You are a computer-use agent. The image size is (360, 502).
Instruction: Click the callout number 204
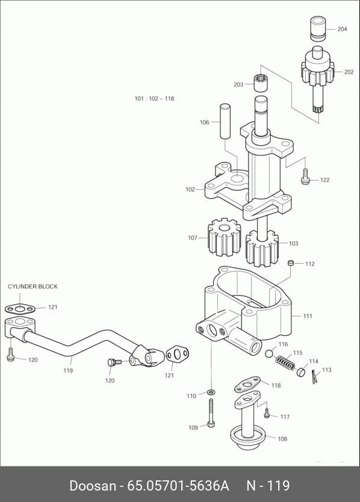(x=342, y=29)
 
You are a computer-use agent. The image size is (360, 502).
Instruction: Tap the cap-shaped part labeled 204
(x=318, y=29)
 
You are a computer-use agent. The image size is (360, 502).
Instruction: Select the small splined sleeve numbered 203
(x=261, y=83)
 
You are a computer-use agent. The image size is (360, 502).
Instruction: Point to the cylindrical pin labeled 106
(x=225, y=121)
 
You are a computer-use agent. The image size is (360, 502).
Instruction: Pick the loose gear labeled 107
(x=224, y=238)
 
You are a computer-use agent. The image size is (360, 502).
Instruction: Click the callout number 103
(x=293, y=244)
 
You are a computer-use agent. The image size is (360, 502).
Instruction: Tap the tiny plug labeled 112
(x=291, y=263)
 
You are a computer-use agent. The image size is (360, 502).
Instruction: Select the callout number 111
(x=308, y=316)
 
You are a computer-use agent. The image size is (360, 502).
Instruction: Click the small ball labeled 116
(x=269, y=353)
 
